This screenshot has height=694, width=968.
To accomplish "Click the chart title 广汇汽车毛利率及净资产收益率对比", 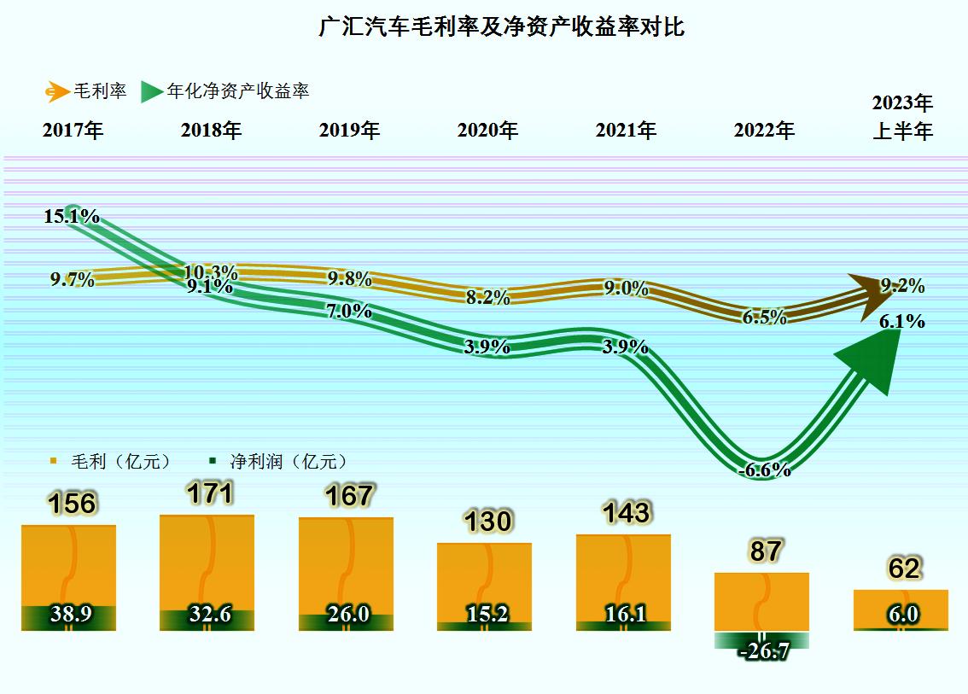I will coord(501,27).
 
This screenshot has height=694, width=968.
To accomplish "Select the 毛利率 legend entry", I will coord(88,90).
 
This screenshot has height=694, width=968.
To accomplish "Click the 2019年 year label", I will coord(349,131).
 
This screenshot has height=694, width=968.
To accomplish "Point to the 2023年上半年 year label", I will coord(902,118).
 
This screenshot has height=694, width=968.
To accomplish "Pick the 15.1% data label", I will coord(72,217).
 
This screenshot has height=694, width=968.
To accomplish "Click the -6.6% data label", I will coord(763,469).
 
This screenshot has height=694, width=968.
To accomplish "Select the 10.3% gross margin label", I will coord(210,272).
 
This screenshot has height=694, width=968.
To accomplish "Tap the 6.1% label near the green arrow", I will coord(903,322).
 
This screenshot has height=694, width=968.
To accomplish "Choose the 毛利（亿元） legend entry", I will coord(111,461).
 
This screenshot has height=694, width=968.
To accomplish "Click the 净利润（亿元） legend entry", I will coord(279,461).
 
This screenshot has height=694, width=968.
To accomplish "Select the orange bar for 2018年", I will coord(207,563).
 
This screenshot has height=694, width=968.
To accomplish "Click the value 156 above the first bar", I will coord(72,504).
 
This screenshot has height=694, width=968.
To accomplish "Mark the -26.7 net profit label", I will coord(764,651).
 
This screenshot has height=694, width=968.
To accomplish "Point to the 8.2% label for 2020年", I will coord(488,298).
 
